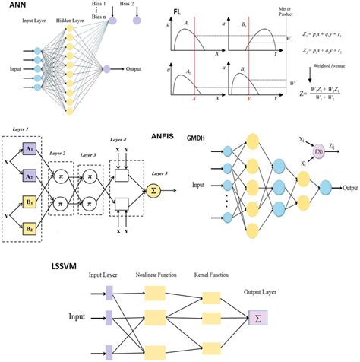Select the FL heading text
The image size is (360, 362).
(x=176, y=12)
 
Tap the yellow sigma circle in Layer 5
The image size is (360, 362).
(x=155, y=189)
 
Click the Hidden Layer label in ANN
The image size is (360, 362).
(x=74, y=24)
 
